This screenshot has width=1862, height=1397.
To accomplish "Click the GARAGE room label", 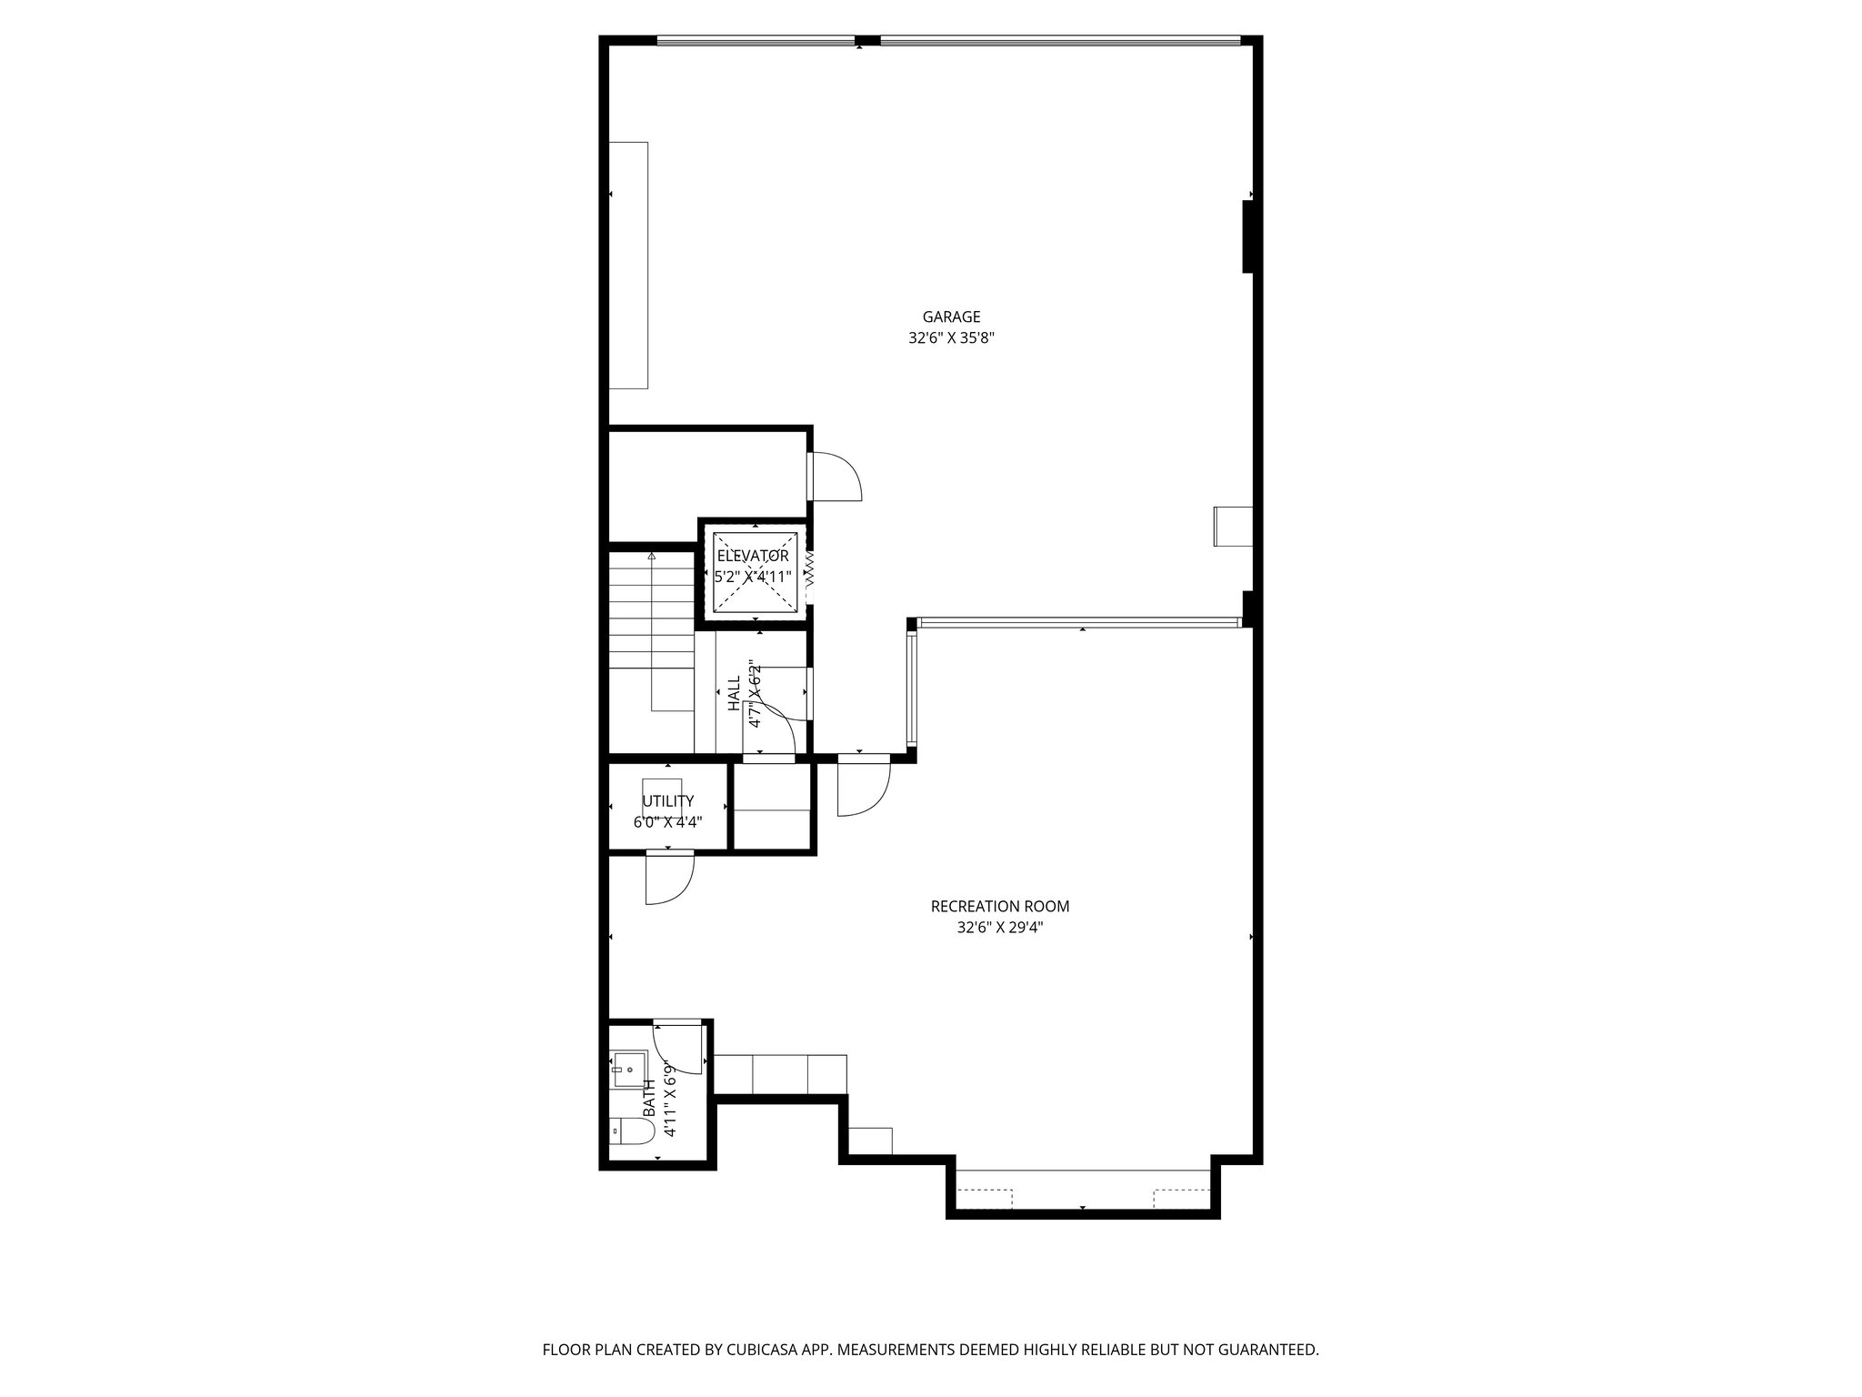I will (951, 317).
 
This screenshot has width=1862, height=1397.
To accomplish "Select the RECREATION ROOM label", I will (999, 907).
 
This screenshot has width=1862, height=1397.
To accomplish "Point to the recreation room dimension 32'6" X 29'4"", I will (999, 929).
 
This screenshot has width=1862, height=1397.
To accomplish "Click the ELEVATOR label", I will (753, 556).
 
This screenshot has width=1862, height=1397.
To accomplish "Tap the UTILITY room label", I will (667, 801).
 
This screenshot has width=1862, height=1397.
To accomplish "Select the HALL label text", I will (734, 694).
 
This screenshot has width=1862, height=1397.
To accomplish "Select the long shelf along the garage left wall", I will (628, 265).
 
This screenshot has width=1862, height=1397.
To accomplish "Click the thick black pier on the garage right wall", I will (1249, 236).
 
